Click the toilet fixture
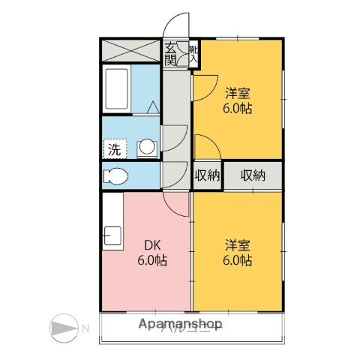point(116,177)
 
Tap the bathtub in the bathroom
point(118,88)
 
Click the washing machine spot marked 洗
point(114,148)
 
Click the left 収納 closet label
point(207,175)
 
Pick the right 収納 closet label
point(253,175)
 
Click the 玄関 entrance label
point(172,52)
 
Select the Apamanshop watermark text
point(181,325)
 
